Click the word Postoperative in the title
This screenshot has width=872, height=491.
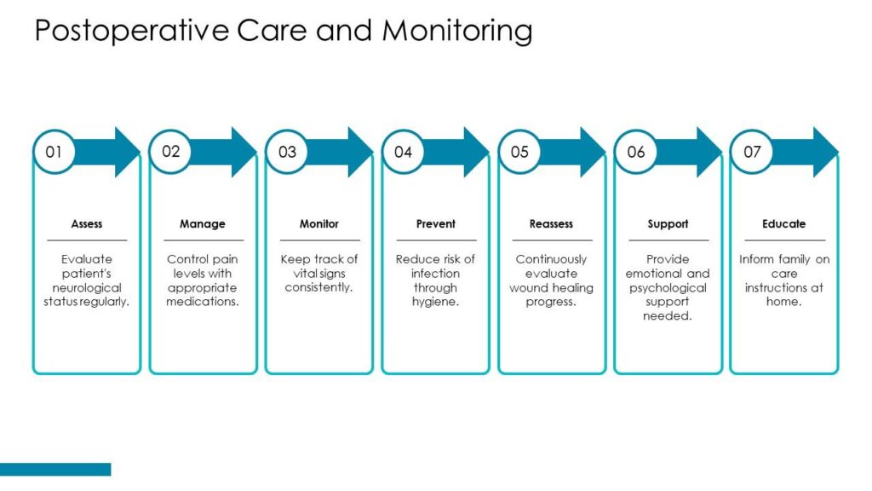click(131, 32)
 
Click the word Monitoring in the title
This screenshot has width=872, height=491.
click(457, 32)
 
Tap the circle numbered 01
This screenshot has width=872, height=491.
click(54, 152)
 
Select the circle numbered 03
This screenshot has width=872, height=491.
click(287, 152)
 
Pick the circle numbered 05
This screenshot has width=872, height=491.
click(519, 152)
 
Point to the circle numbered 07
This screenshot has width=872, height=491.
click(752, 152)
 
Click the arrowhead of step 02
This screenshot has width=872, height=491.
click(243, 152)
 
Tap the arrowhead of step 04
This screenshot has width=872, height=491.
click(475, 152)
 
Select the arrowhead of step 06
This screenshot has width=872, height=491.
click(708, 152)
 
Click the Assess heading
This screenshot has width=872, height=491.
click(87, 224)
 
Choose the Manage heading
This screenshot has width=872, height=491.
click(203, 224)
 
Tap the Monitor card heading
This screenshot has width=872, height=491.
click(319, 224)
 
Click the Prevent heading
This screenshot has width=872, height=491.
click(435, 224)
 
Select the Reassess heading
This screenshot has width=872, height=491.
click(551, 224)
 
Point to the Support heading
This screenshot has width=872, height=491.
click(668, 224)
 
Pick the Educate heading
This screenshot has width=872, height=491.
click(784, 224)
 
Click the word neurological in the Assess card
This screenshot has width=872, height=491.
click(87, 288)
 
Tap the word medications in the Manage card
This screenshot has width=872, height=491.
click(203, 302)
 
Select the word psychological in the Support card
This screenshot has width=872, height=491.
click(668, 288)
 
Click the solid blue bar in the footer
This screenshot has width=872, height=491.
click(55, 470)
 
